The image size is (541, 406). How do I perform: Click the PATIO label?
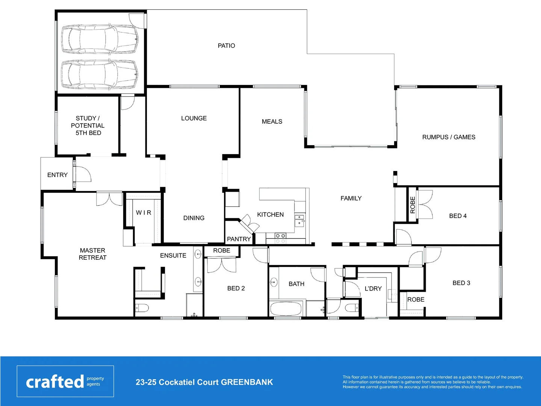click(226, 45)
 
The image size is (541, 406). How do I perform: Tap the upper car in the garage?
click(100, 39)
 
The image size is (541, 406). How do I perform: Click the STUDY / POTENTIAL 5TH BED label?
click(88, 126)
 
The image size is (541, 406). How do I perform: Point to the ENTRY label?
click(57, 175)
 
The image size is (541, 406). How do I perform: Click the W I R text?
click(144, 213)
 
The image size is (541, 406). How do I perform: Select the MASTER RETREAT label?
click(92, 254)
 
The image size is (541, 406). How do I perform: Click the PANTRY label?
click(239, 239)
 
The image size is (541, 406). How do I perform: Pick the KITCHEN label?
click(270, 215)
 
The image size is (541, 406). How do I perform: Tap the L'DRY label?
click(373, 289)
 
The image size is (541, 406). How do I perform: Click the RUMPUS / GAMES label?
click(449, 137)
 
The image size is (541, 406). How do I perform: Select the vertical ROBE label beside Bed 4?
click(413, 205)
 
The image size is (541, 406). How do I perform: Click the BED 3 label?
click(461, 283)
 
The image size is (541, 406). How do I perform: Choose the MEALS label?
click(272, 121)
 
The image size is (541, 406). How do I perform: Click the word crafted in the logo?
click(55, 382)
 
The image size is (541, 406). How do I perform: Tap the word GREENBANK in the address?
click(247, 382)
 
